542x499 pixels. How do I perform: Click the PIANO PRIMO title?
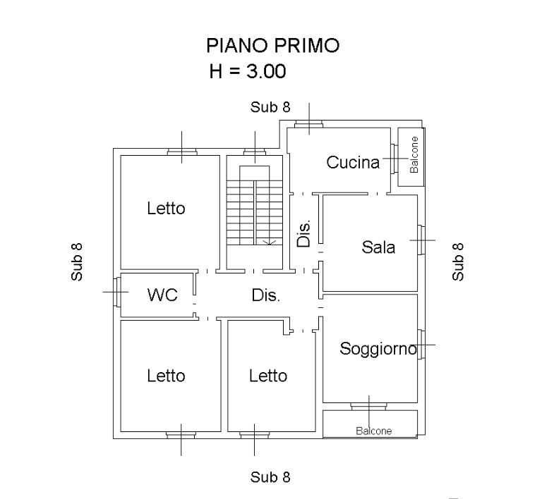(272, 45)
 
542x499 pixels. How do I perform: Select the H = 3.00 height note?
(248, 71)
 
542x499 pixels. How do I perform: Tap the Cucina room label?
(353, 162)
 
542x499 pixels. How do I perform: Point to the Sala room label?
(378, 247)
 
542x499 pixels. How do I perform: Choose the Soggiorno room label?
(378, 349)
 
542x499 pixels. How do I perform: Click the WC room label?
(162, 295)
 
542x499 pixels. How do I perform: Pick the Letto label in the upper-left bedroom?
(166, 208)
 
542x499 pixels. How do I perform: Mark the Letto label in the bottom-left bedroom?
(166, 376)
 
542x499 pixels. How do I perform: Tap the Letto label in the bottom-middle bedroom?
(268, 376)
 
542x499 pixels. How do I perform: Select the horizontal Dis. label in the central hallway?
(265, 295)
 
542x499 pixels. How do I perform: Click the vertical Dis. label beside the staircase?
(304, 233)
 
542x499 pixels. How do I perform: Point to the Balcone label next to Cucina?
(414, 154)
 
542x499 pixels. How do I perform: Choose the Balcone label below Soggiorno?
(373, 431)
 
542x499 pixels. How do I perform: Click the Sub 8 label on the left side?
(77, 262)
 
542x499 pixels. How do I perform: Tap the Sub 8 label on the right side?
(458, 261)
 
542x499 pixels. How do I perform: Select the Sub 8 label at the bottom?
(270, 477)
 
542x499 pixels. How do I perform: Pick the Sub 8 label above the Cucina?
(270, 107)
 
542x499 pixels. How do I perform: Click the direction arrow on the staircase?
(270, 242)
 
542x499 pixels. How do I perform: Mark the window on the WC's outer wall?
(117, 292)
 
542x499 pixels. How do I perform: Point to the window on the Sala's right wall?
(421, 240)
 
